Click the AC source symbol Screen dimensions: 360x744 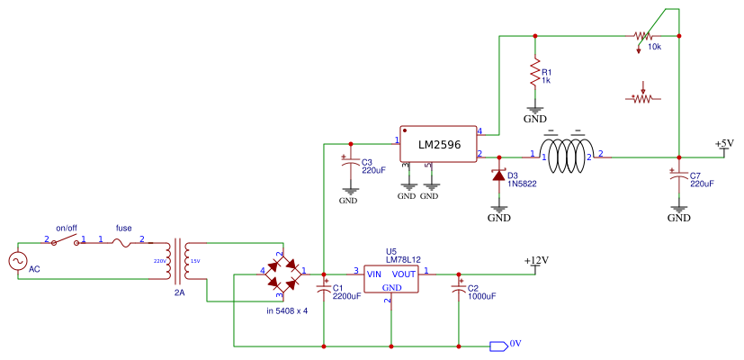coord(17,260)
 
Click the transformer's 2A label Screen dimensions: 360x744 coord(179,292)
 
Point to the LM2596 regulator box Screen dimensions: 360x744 coord(438,144)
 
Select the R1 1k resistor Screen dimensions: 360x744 coord(535,72)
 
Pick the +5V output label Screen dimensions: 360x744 coord(724,143)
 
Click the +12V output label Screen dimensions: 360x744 coord(536,260)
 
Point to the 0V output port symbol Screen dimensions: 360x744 coord(497,345)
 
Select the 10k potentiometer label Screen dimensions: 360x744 coord(654,46)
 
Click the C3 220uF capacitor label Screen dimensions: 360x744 coord(373,166)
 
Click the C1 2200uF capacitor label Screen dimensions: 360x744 coord(347,292)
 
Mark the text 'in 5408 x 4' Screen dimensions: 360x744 coord(287,310)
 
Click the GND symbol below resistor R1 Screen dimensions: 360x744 coord(535,114)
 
